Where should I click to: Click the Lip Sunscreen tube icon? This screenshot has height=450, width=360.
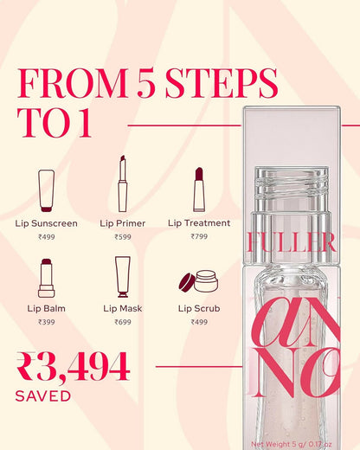[x=47, y=190]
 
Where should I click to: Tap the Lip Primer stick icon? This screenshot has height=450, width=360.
[x=123, y=183]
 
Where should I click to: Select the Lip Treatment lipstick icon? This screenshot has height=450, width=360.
[x=199, y=190]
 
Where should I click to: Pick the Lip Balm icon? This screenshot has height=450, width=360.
[x=47, y=278]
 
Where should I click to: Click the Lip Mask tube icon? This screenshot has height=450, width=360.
[x=123, y=277]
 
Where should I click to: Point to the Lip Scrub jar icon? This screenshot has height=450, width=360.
[x=199, y=281]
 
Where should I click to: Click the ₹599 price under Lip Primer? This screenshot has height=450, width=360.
[x=123, y=237]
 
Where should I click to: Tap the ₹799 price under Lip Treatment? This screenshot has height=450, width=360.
[x=199, y=236]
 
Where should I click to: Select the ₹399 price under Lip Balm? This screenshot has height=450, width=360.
[x=47, y=322]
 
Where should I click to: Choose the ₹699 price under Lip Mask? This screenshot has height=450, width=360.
[x=123, y=322]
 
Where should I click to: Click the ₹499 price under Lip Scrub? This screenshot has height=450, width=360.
[x=199, y=322]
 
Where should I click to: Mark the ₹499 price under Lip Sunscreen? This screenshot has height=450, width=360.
[x=47, y=237]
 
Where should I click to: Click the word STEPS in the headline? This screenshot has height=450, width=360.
[x=222, y=83]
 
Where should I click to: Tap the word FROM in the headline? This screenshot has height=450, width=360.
[x=73, y=83]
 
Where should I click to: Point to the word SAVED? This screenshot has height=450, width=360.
[x=43, y=395]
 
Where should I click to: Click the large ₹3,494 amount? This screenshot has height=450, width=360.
[x=73, y=367]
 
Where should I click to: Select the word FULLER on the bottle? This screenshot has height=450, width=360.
[x=292, y=241]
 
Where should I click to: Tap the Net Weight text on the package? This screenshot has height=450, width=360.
[x=292, y=444]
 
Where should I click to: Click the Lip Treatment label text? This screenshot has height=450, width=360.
[x=199, y=223]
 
